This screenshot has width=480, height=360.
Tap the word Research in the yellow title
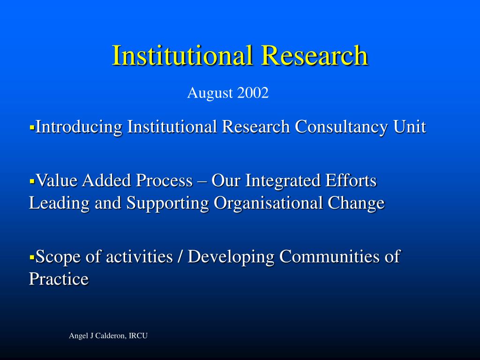coord(315,55)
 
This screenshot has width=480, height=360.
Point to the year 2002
coord(253,93)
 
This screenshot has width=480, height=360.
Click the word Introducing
coord(79,127)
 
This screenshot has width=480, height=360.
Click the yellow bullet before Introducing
coord(32,127)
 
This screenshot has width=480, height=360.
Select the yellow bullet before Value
coord(32,180)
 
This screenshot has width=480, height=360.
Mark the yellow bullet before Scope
coord(32,257)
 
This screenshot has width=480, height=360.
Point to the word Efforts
coord(353,180)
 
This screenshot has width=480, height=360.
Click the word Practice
coord(59,279)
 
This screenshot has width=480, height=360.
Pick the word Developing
coord(232,257)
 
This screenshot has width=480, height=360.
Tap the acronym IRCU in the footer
coord(138,336)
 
